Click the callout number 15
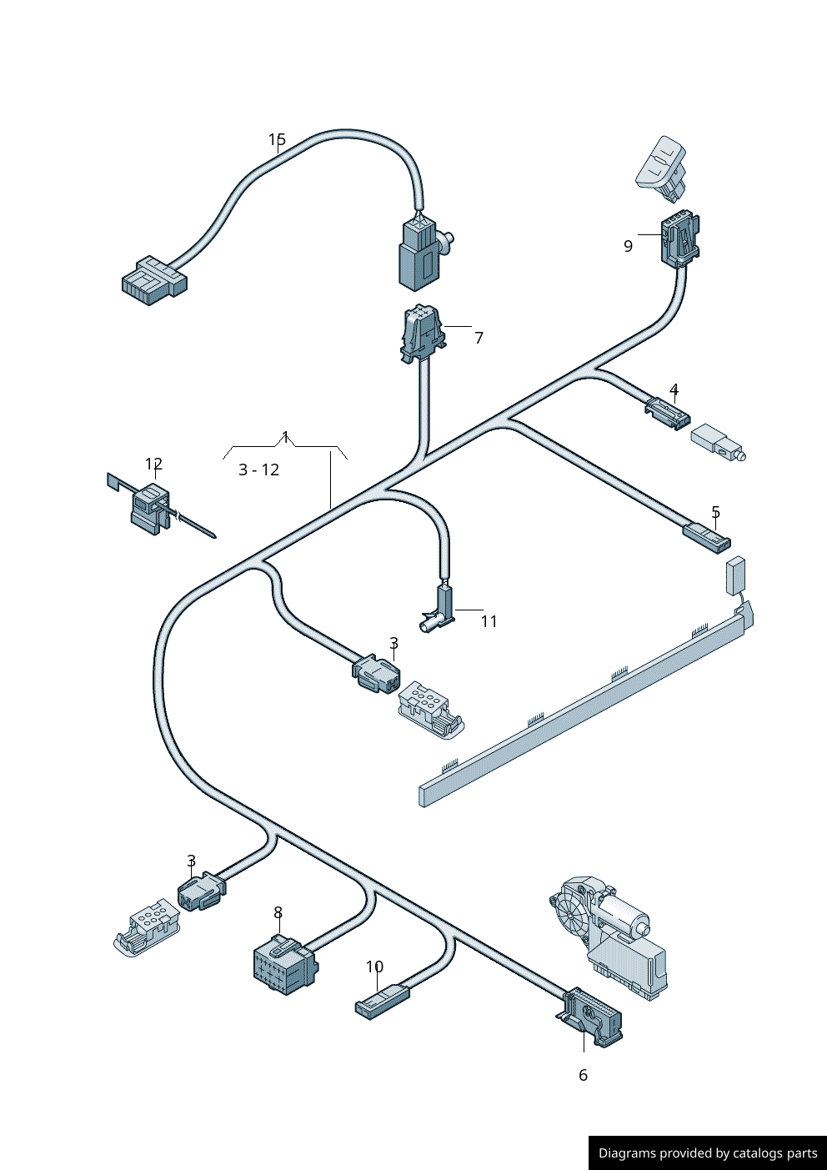(277, 140)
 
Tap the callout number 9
(628, 246)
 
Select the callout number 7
(479, 338)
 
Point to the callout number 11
(489, 621)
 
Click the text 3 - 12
(258, 470)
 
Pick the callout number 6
(583, 1075)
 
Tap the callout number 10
(374, 967)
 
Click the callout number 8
(278, 913)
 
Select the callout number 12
(153, 464)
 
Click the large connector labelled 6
(591, 1017)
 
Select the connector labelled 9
(680, 239)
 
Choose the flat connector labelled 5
(707, 537)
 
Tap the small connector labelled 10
(383, 1001)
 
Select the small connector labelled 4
(668, 413)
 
